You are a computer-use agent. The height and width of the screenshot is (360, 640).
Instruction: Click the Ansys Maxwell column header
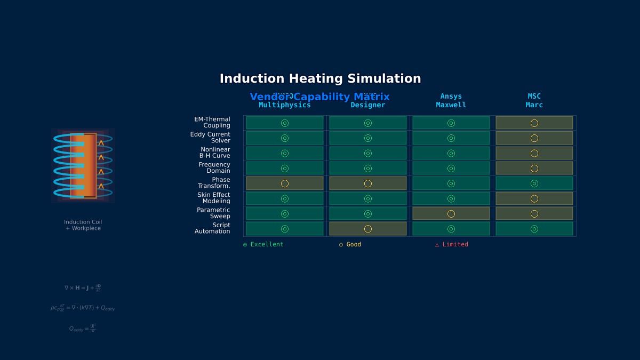[x=451, y=101]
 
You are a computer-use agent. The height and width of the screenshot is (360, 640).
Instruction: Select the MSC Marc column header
[x=534, y=101]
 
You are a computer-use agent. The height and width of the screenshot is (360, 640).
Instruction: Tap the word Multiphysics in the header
[x=285, y=105]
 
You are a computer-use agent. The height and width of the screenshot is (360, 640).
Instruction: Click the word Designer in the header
[x=367, y=105]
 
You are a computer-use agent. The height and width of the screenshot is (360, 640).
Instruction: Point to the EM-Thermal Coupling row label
[x=212, y=123]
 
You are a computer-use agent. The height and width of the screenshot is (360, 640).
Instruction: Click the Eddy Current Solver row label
[x=211, y=138]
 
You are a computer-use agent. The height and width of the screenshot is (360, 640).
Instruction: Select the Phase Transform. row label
[x=214, y=183]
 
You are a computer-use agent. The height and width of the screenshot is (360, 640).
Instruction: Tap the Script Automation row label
[x=212, y=228]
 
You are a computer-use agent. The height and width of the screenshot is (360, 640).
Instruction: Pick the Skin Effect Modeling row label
[x=214, y=198]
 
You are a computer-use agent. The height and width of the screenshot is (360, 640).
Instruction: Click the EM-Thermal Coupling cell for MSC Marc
[x=534, y=123]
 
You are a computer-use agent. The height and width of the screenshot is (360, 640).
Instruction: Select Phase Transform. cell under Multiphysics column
[x=285, y=183]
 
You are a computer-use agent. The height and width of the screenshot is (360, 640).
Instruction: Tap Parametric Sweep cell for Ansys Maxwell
[x=451, y=213]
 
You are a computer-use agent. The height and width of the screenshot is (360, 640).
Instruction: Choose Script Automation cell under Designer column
[x=367, y=229]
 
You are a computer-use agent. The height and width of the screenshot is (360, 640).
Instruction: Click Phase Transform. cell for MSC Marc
[x=534, y=183]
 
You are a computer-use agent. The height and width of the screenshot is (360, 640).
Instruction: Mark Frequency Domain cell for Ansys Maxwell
[x=451, y=169]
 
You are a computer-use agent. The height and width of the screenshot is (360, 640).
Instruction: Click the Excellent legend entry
[x=263, y=244]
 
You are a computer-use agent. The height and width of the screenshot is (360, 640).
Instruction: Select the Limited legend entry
[x=452, y=244]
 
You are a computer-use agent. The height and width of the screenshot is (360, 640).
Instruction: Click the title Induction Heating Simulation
[x=320, y=78]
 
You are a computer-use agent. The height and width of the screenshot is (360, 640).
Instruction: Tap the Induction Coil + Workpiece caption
[x=83, y=225]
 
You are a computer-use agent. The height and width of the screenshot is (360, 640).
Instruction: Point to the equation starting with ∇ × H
[x=83, y=288]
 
